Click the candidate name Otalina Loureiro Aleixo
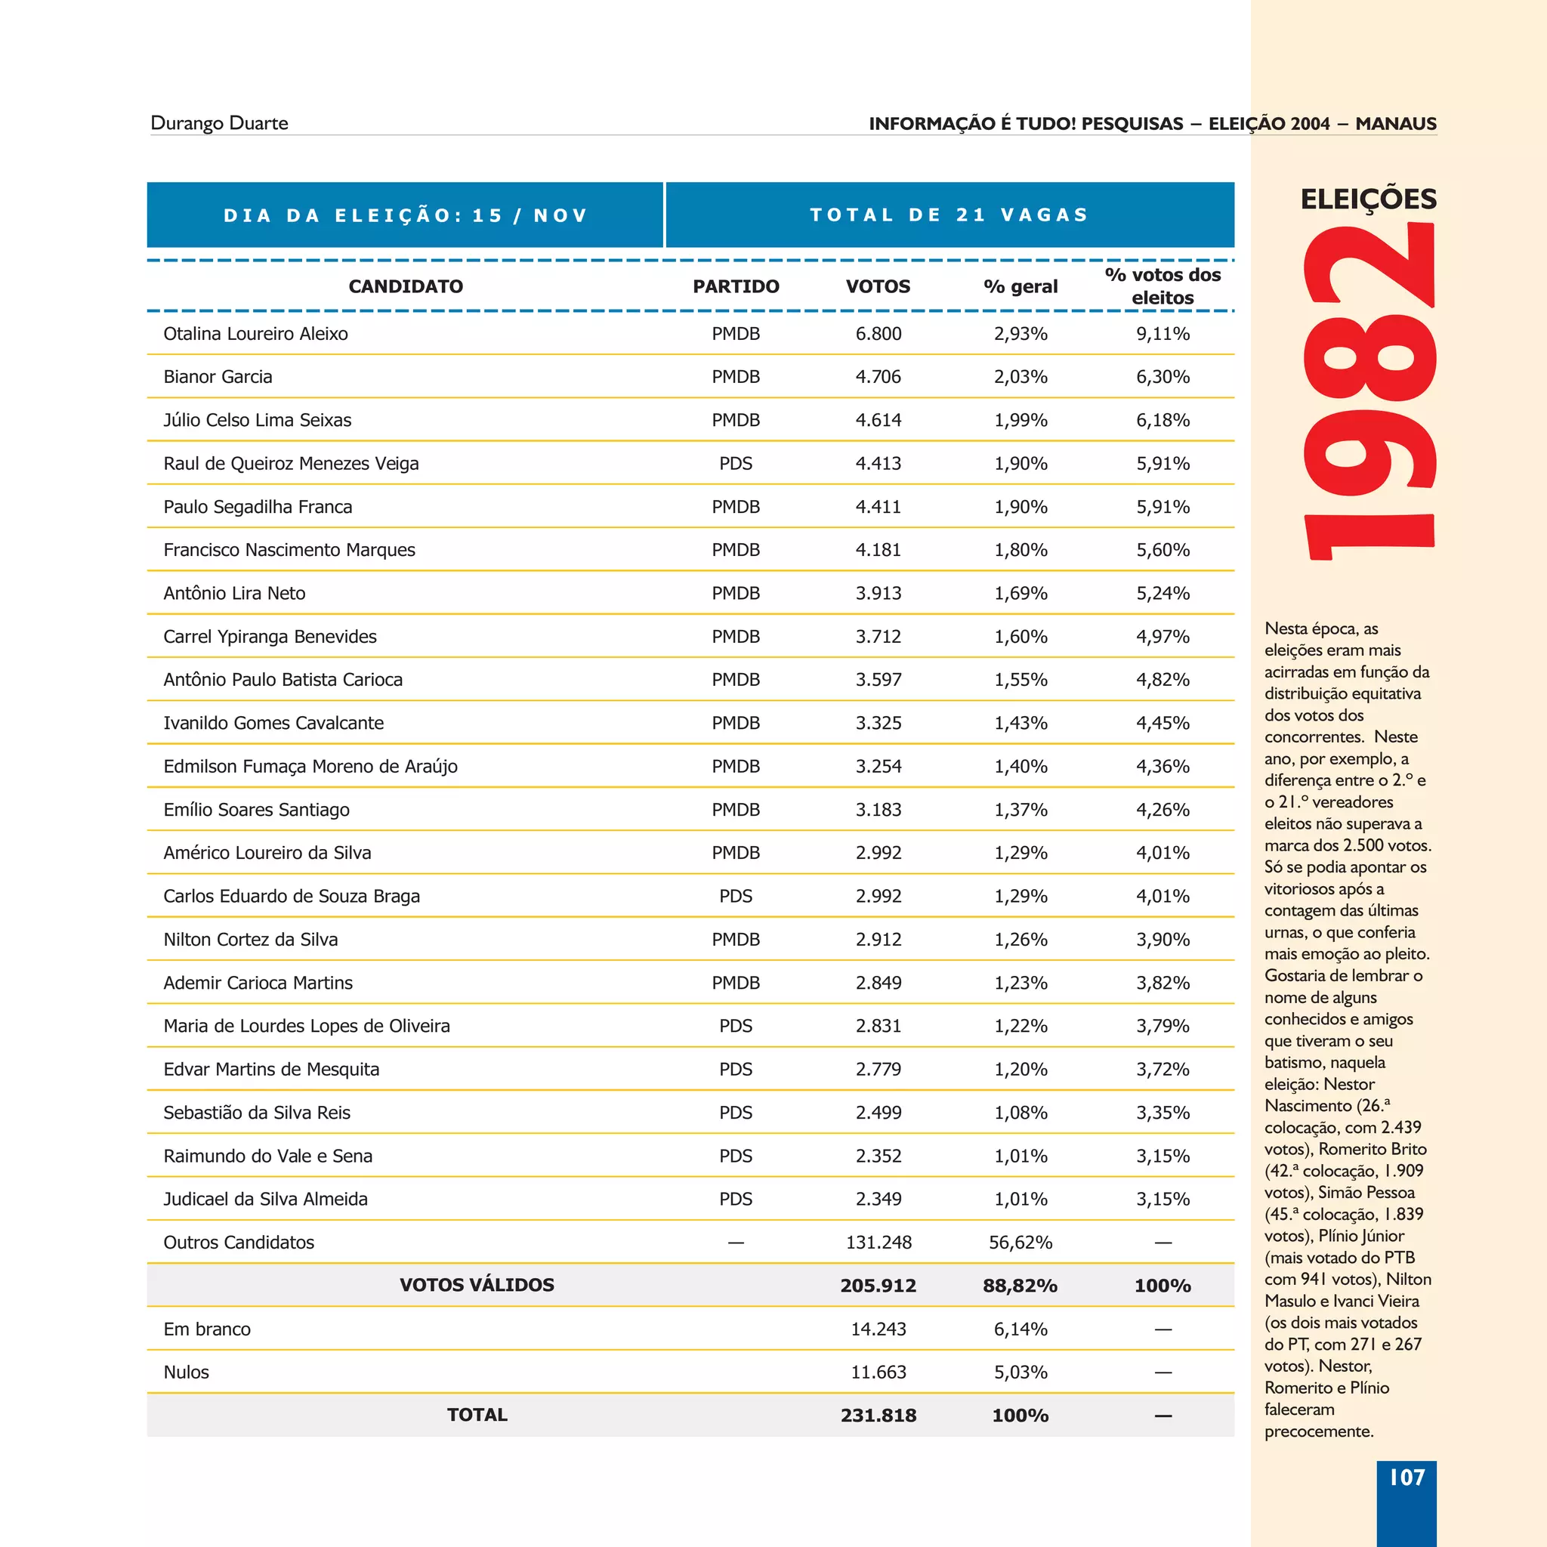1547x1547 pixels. (255, 334)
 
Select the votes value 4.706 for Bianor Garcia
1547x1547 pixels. (878, 377)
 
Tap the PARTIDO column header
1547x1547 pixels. (735, 286)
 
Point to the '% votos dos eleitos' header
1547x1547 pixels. (1162, 286)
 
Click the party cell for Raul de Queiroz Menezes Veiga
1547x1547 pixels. (735, 464)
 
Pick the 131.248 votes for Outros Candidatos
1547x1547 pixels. (878, 1242)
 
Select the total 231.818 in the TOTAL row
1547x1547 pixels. (878, 1415)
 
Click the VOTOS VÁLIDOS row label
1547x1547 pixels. (477, 1285)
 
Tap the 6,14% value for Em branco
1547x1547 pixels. (1020, 1329)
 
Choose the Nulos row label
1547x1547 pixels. (186, 1373)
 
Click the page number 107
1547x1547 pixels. (1406, 1478)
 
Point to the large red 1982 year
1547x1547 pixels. (1369, 392)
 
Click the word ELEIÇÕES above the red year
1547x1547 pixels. (1368, 199)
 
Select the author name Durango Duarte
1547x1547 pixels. (218, 123)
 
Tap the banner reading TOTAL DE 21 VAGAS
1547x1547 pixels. (949, 215)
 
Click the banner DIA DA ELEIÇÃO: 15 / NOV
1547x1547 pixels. (405, 215)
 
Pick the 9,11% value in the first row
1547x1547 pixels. (1162, 334)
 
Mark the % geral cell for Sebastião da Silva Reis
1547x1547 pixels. (1020, 1112)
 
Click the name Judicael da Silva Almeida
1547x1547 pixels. (265, 1199)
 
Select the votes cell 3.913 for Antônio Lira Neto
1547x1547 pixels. (878, 593)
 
